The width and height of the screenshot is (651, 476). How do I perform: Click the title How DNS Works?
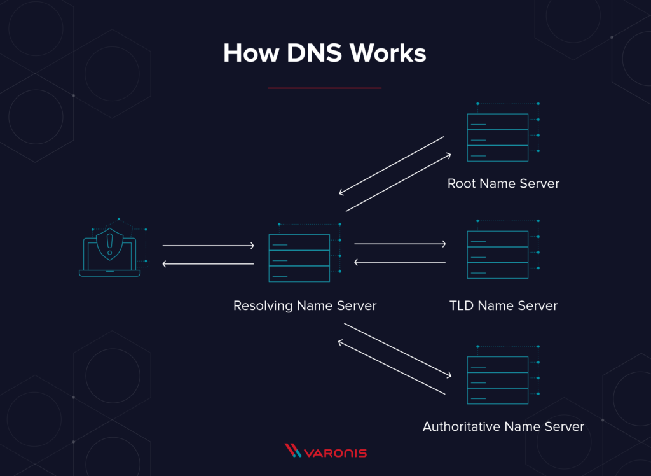coord(325,53)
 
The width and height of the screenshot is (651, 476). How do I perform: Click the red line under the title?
coord(324,88)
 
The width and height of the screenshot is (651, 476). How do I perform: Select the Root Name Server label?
coord(504,184)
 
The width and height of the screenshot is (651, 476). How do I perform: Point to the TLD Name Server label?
coord(504,306)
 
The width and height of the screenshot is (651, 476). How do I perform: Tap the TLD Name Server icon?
coord(498,254)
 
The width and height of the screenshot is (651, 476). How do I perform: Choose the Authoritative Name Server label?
coord(504,426)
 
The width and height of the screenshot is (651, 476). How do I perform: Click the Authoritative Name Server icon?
coord(498,380)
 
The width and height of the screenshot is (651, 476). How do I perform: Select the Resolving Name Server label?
coord(305,306)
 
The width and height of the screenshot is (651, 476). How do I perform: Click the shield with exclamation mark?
coord(110,244)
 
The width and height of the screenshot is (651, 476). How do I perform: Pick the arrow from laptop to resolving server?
coord(208,245)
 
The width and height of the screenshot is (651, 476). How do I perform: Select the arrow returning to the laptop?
coord(208,263)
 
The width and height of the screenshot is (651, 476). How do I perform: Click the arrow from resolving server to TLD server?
coord(400,244)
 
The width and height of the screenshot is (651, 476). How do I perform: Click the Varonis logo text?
coord(336,453)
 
